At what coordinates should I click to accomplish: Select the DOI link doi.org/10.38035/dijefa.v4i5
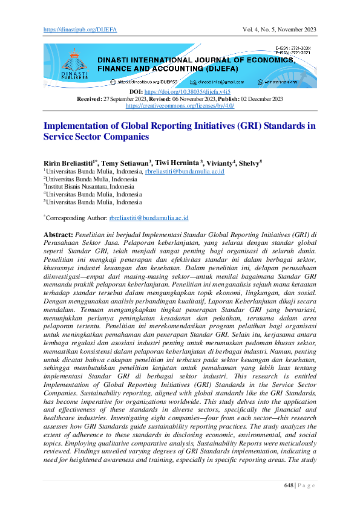pos(186,91)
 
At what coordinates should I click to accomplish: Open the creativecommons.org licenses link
pos(180,105)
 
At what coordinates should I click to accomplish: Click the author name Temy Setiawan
pos(125,163)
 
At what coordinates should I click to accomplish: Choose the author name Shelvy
pos(249,163)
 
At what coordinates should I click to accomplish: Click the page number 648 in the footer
pos(290,485)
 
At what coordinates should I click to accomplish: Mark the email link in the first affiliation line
pos(185,172)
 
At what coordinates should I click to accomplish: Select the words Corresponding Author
pos(76,218)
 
